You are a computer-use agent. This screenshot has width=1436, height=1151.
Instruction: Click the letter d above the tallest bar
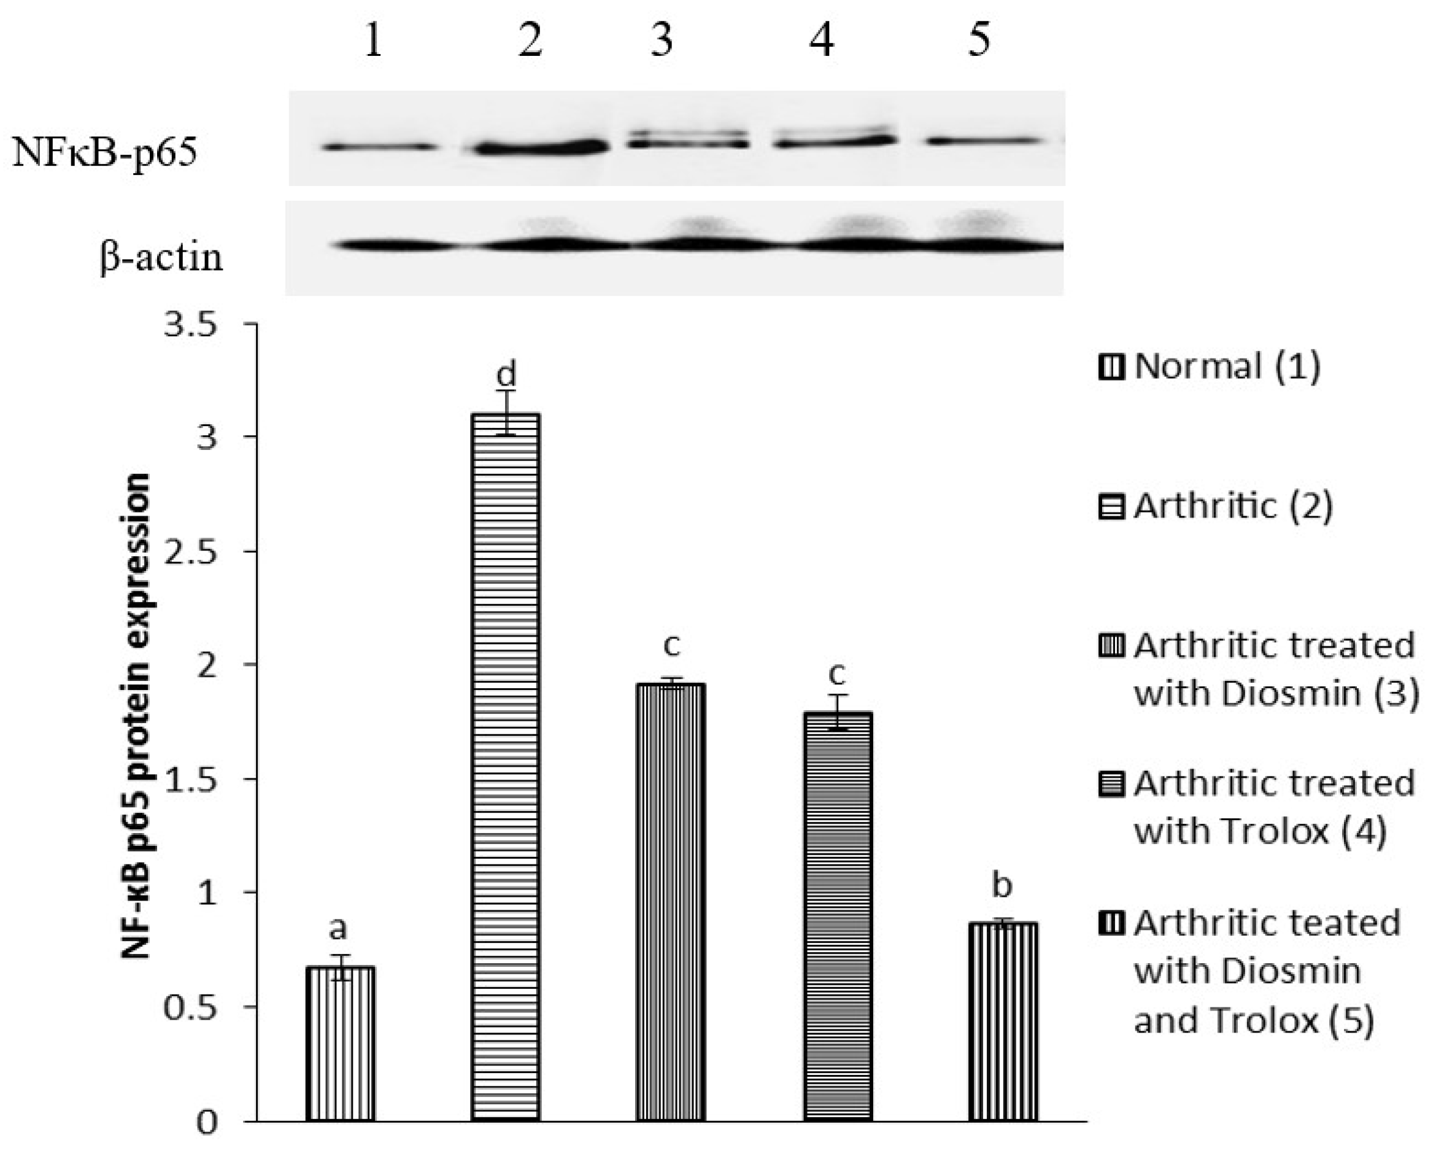pyautogui.click(x=506, y=375)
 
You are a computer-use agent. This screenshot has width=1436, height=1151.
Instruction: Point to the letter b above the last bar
pyautogui.click(x=1002, y=885)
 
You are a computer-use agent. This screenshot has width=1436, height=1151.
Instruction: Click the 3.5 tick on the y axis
pyautogui.click(x=190, y=327)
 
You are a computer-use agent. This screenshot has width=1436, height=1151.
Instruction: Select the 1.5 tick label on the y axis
pyautogui.click(x=190, y=780)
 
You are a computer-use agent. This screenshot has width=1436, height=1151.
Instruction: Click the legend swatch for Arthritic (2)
pyautogui.click(x=1111, y=508)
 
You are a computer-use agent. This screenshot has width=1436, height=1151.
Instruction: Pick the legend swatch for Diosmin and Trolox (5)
pyautogui.click(x=1111, y=924)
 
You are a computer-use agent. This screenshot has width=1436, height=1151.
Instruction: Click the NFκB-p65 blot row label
pyautogui.click(x=104, y=153)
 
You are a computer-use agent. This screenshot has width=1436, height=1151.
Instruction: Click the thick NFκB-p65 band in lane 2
pyautogui.click(x=539, y=147)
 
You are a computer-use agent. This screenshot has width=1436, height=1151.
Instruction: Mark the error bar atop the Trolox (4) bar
pyautogui.click(x=838, y=712)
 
